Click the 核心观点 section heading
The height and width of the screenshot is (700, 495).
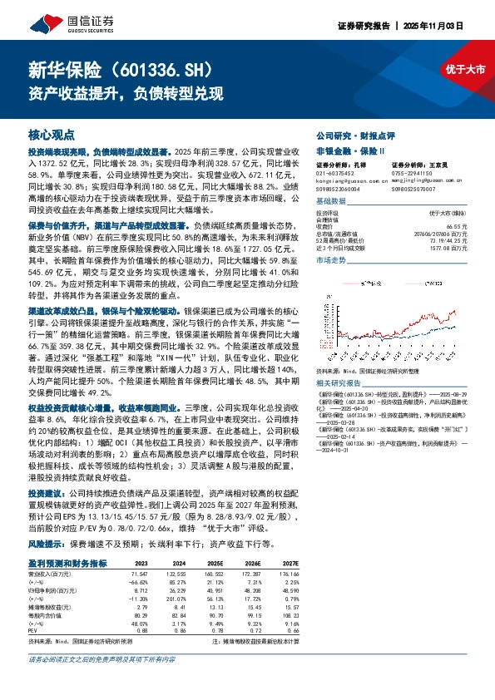tap(51, 134)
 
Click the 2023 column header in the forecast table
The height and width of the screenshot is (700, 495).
tap(141, 539)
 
